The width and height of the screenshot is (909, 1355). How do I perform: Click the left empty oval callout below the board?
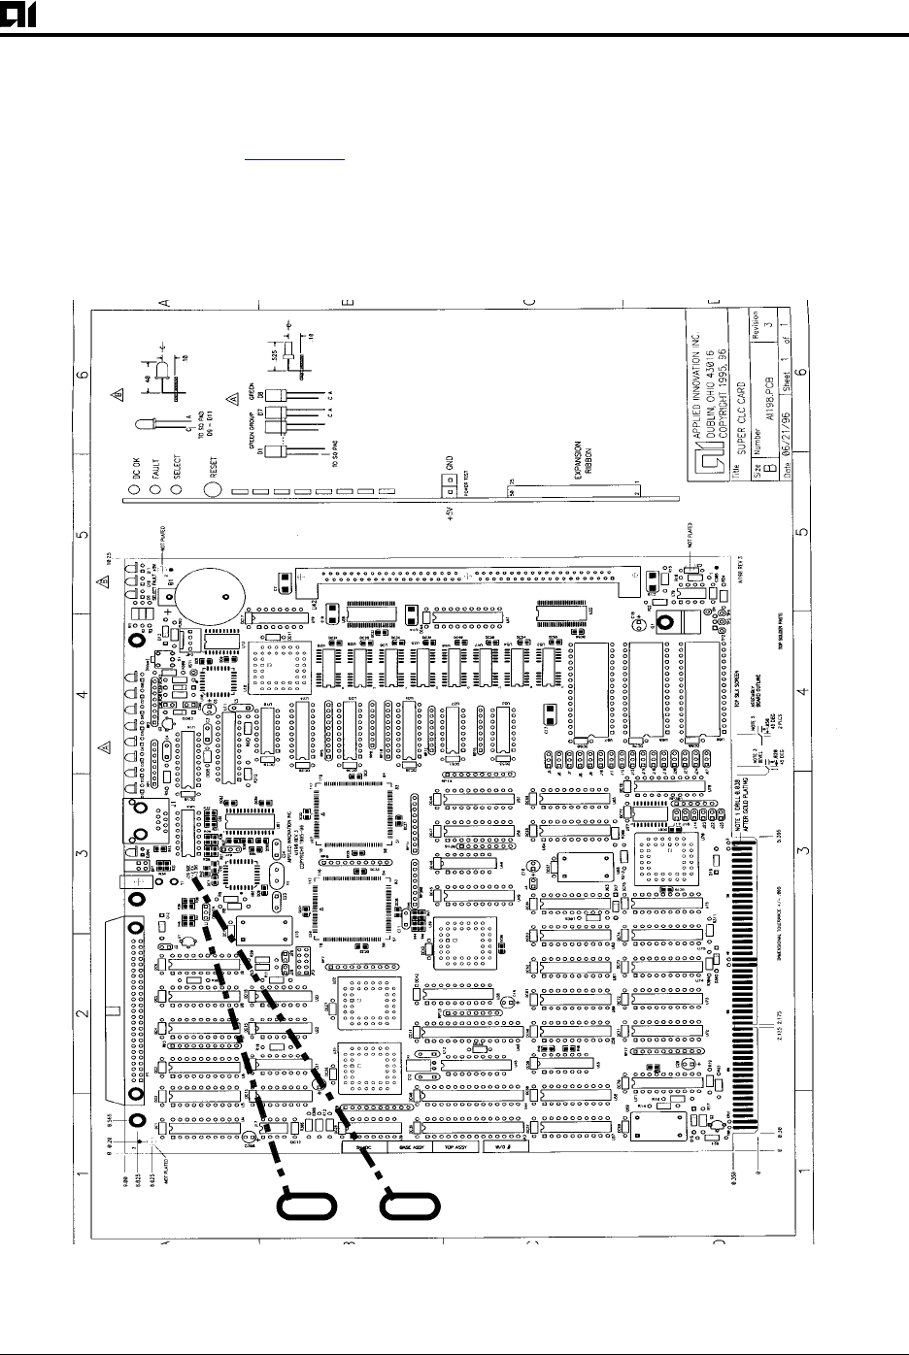(308, 1206)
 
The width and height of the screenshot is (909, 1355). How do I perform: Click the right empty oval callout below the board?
(410, 1206)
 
